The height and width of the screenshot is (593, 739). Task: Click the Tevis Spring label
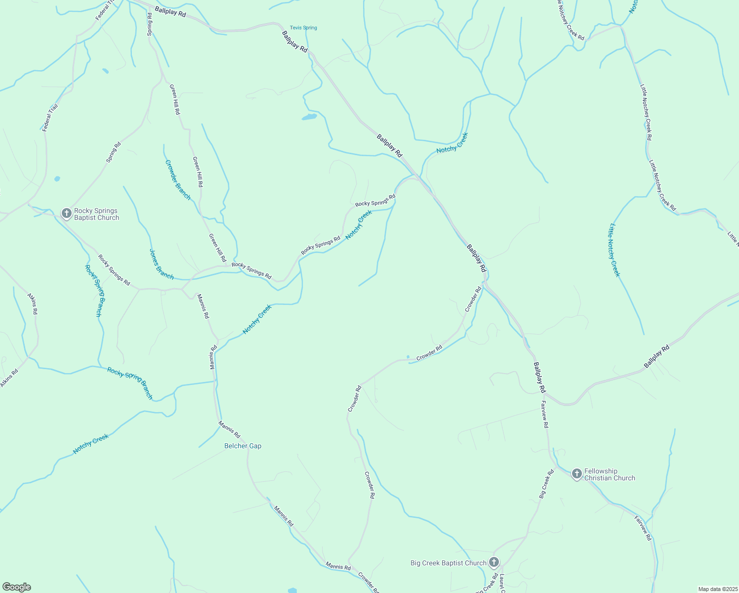click(303, 28)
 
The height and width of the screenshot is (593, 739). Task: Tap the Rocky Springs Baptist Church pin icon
click(66, 213)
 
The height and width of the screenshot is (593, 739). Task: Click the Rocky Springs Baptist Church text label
click(97, 214)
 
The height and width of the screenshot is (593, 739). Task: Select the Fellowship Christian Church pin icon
click(576, 474)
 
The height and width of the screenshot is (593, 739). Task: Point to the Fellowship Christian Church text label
click(610, 474)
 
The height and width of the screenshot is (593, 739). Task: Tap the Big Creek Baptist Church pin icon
click(493, 562)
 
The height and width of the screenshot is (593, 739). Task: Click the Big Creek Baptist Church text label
click(449, 563)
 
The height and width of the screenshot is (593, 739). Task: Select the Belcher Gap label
click(243, 446)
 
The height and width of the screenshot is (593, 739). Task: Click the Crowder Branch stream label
click(178, 180)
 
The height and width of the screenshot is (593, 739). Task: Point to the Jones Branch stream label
click(162, 264)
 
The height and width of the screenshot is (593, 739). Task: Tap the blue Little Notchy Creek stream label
click(614, 250)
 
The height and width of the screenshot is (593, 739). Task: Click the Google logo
click(17, 587)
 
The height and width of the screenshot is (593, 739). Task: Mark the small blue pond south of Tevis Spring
click(309, 117)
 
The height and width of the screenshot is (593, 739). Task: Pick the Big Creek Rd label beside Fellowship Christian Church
click(546, 483)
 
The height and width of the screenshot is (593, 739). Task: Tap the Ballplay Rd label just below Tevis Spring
click(294, 42)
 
